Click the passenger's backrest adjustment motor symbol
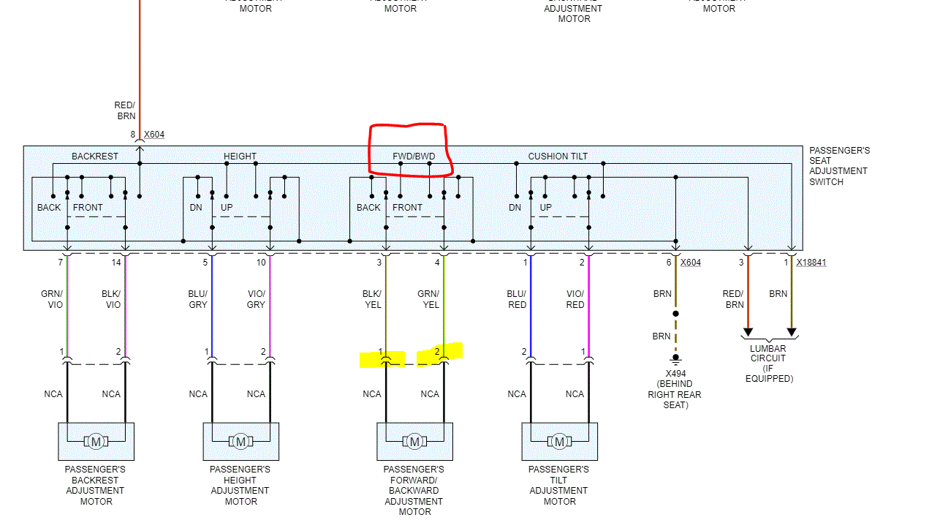(x=96, y=441)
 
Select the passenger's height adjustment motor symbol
(x=240, y=441)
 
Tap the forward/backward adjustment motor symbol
(x=414, y=441)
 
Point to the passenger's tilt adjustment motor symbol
(x=559, y=441)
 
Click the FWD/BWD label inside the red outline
(x=414, y=156)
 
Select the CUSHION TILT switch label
(x=558, y=156)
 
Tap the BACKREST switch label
(x=94, y=156)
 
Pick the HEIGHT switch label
(x=240, y=156)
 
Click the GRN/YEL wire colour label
(x=428, y=299)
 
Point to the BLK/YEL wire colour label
(x=372, y=299)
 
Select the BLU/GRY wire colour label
(x=197, y=299)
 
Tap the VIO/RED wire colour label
(x=575, y=299)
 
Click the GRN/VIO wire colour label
(x=52, y=299)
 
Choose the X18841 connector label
(x=811, y=262)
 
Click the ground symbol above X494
(x=676, y=358)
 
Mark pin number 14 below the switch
(x=116, y=262)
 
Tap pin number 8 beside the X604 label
(x=133, y=135)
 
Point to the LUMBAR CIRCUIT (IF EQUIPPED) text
(x=768, y=364)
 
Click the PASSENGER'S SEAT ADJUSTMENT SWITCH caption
(x=839, y=166)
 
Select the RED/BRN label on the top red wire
(x=125, y=110)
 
